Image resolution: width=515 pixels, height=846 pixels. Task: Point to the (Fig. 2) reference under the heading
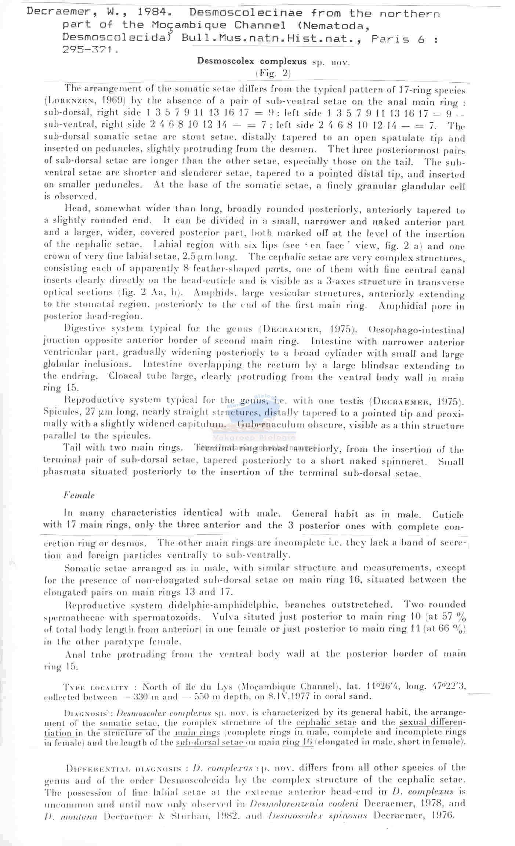point(273,73)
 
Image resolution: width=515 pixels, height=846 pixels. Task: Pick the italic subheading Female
point(79,495)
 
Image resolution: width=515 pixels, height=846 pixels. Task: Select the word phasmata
point(64,472)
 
